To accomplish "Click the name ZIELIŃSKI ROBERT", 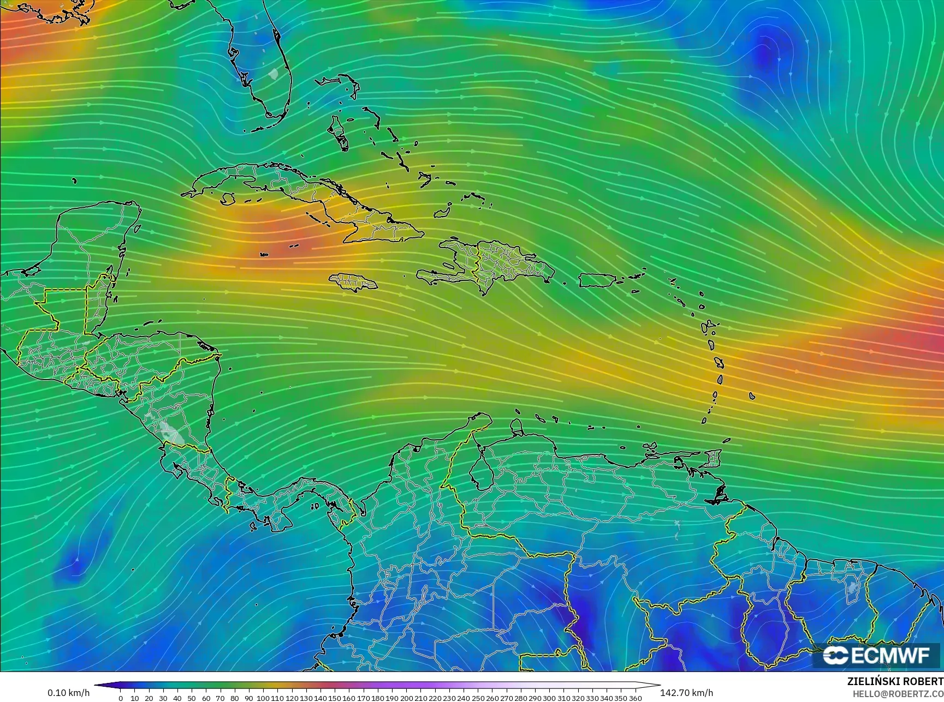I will click(895, 681).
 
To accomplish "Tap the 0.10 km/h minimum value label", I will click(68, 693).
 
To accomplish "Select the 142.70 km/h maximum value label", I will click(686, 693).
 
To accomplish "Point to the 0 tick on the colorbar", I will click(120, 698).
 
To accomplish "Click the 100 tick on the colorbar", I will click(263, 698).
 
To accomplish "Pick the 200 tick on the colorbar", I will click(406, 698).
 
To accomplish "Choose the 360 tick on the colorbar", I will click(635, 698).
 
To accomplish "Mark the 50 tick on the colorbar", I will click(192, 698).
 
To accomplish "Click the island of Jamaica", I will click(353, 281).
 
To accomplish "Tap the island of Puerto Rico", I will click(599, 280).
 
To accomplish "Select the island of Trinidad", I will click(712, 458).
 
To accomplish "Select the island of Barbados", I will click(752, 396).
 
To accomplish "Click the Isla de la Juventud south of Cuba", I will click(229, 199).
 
